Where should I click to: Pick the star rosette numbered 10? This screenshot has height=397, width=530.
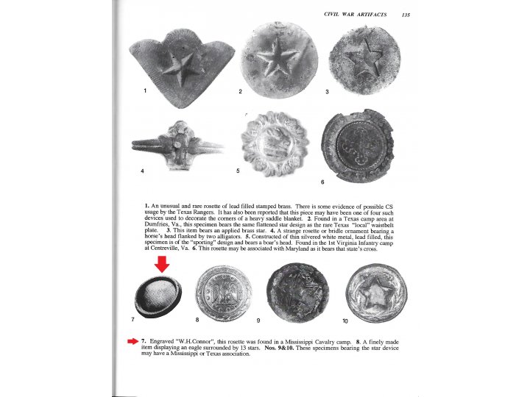pyautogui.click(x=375, y=293)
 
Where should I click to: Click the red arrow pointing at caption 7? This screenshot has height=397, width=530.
pyautogui.click(x=132, y=341)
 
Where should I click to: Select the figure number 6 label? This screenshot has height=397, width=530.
pyautogui.click(x=322, y=181)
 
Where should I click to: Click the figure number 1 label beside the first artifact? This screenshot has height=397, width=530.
pyautogui.click(x=145, y=91)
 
